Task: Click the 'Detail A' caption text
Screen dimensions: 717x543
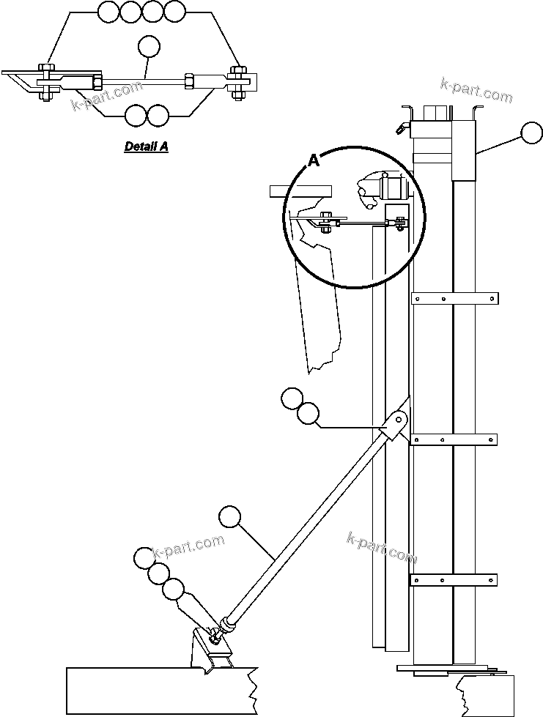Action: coord(146,146)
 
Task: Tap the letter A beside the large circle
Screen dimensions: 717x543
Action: coord(313,161)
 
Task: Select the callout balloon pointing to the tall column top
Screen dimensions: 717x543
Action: coord(531,134)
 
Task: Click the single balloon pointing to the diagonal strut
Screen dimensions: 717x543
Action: coord(231,517)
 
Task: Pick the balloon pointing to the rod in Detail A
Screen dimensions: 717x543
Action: coord(149,47)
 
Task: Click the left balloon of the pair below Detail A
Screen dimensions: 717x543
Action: coord(136,115)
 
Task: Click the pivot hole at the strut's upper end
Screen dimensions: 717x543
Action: coord(400,420)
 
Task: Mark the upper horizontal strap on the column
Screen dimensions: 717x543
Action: coord(454,298)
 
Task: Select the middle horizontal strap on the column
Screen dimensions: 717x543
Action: coord(454,439)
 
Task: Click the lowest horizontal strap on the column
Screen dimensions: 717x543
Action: coord(454,581)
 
